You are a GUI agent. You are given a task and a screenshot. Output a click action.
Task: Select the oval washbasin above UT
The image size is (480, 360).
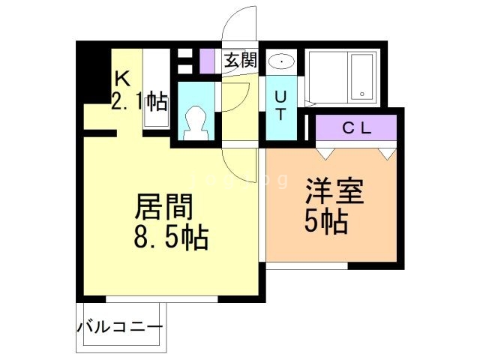(x=282, y=61)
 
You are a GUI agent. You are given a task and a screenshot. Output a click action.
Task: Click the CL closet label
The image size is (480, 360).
(x=357, y=127)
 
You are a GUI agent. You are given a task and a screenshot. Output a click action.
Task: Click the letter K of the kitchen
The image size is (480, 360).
(x=121, y=78)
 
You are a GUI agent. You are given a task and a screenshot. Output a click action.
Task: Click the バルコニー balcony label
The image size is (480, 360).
(x=120, y=328)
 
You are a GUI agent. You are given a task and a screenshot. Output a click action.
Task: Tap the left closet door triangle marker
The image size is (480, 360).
(x=325, y=153)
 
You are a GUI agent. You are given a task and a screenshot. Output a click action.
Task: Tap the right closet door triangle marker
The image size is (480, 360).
(x=387, y=153)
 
